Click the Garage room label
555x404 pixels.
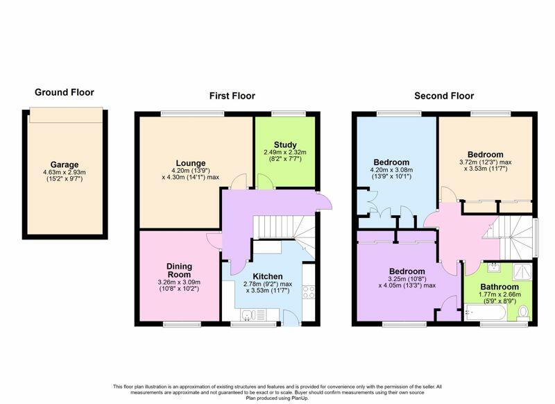click(65, 165)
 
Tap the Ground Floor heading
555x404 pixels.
click(65, 92)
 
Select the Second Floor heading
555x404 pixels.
click(444, 96)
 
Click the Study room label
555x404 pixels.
click(285, 145)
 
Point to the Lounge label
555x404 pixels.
click(191, 163)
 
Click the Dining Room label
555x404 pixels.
click(180, 270)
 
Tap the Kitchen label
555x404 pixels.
click(268, 276)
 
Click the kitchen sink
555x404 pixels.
click(253, 314)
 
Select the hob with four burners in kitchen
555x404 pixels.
click(308, 292)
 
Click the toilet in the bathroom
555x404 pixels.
click(522, 313)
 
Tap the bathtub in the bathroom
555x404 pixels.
click(486, 312)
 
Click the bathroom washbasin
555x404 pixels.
click(493, 267)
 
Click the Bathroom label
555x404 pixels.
click(499, 287)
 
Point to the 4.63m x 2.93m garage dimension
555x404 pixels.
click(65, 172)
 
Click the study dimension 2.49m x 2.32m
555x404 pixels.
click(285, 152)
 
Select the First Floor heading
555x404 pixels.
click(232, 96)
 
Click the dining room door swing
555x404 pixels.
click(214, 241)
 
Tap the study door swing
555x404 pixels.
click(264, 181)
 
